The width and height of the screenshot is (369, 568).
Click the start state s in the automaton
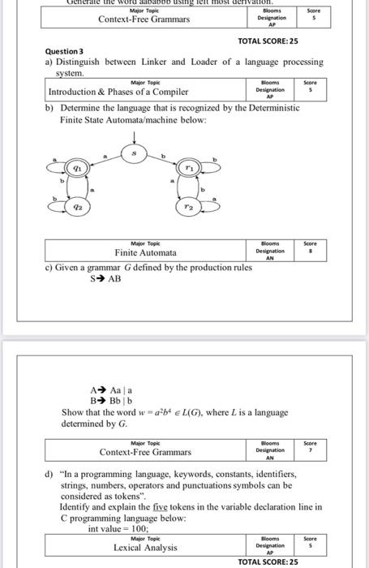[135, 153]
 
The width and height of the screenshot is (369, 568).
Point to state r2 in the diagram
[187, 209]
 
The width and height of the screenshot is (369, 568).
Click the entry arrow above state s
[135, 135]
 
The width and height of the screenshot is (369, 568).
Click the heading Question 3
[65, 51]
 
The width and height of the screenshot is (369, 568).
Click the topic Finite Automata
[147, 253]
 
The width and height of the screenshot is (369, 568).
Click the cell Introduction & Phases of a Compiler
[118, 93]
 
